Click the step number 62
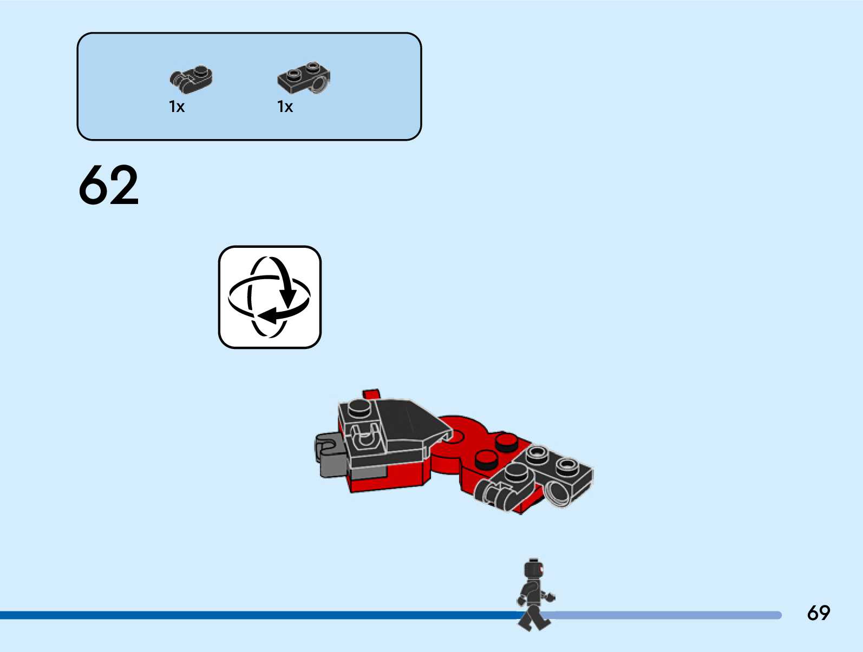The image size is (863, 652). click(109, 185)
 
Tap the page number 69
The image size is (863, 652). click(818, 613)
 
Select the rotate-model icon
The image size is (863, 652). click(270, 297)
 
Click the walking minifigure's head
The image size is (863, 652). click(533, 570)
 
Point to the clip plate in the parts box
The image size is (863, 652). click(191, 78)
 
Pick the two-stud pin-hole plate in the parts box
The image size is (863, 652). click(304, 77)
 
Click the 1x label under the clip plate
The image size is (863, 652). click(176, 107)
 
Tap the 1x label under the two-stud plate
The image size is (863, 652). click(285, 107)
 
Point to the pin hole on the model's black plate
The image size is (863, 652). click(557, 493)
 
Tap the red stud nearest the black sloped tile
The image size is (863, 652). click(507, 442)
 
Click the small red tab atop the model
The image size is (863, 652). click(371, 394)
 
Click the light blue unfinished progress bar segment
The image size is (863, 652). click(666, 615)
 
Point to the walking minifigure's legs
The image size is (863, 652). click(533, 617)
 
